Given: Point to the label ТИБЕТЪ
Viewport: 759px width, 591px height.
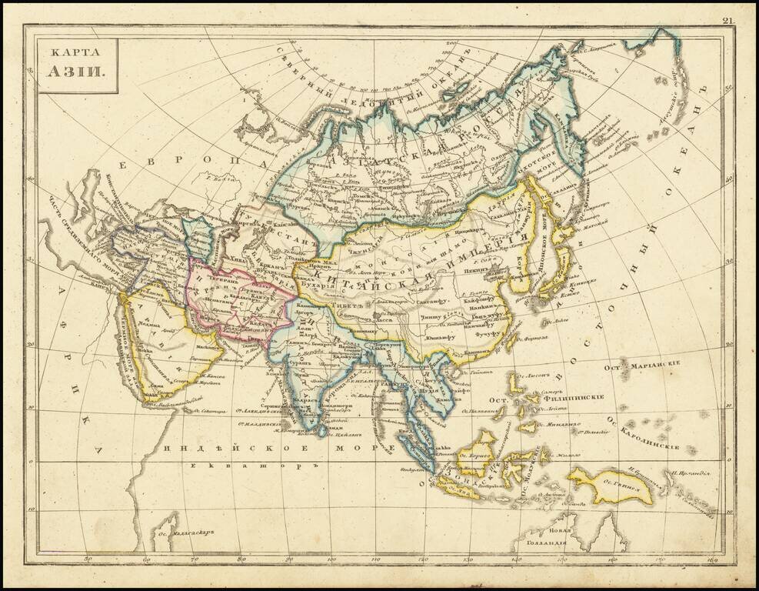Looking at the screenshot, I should (347, 304).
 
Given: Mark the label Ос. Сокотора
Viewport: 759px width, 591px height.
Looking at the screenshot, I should (210, 412).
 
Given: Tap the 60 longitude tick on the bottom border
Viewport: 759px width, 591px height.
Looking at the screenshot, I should (146, 559).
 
